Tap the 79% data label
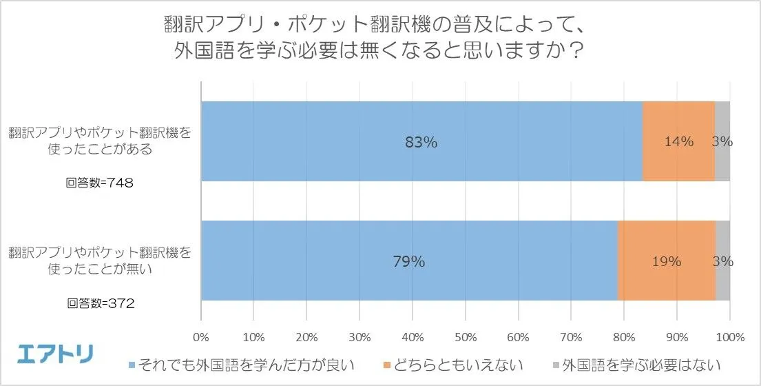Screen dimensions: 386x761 (409, 262)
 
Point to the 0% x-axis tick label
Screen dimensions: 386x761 (201, 338)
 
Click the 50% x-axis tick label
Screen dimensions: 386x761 (466, 338)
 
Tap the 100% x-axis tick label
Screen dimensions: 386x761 (730, 338)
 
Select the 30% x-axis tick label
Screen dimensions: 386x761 (359, 338)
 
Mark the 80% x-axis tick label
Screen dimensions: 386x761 (624, 338)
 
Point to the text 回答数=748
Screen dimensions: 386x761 (101, 183)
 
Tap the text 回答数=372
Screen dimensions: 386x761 (101, 303)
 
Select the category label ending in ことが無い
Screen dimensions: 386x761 (101, 260)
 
